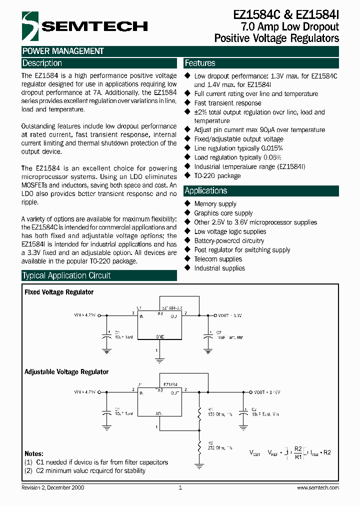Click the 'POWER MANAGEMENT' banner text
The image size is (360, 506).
click(x=63, y=51)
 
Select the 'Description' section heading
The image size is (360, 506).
click(x=42, y=63)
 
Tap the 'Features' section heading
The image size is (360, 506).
click(x=200, y=63)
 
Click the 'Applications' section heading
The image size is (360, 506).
click(x=206, y=191)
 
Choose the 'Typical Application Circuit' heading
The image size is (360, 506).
click(x=66, y=275)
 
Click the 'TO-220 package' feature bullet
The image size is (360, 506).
click(x=217, y=176)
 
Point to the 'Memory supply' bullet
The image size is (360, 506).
click(x=215, y=204)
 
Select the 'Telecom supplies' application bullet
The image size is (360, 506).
click(x=218, y=259)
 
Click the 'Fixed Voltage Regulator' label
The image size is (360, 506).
click(x=59, y=292)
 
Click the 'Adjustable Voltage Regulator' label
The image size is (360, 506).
click(x=66, y=372)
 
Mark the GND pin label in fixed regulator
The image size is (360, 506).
click(x=160, y=337)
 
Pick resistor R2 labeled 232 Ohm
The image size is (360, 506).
click(x=199, y=445)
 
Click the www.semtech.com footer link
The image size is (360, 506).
click(x=317, y=487)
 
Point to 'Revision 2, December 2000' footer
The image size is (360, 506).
click(x=53, y=487)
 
